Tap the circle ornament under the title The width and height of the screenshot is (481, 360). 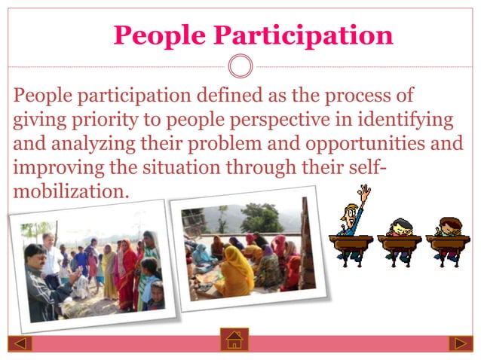click(240, 67)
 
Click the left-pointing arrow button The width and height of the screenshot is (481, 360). click(20, 343)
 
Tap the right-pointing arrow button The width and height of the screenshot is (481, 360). click(460, 343)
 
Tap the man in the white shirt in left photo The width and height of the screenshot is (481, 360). click(50, 252)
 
